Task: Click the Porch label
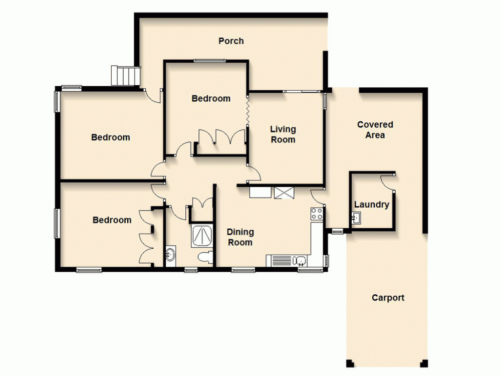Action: (x=231, y=41)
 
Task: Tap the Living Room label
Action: (x=283, y=135)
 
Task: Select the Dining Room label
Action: (x=240, y=237)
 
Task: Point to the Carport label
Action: (x=388, y=298)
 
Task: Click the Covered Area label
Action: (x=375, y=130)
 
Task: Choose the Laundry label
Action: (x=371, y=205)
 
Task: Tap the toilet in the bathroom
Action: (x=205, y=257)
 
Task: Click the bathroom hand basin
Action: (x=170, y=255)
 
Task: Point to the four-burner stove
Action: (x=317, y=214)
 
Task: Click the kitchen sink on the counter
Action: (x=300, y=260)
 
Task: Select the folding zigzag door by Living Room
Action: (x=247, y=110)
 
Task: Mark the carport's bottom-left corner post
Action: (x=350, y=363)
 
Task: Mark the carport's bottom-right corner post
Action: (x=425, y=363)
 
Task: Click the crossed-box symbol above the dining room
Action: (x=284, y=193)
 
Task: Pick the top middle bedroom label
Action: (x=211, y=99)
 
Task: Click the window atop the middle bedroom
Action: (x=209, y=61)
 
